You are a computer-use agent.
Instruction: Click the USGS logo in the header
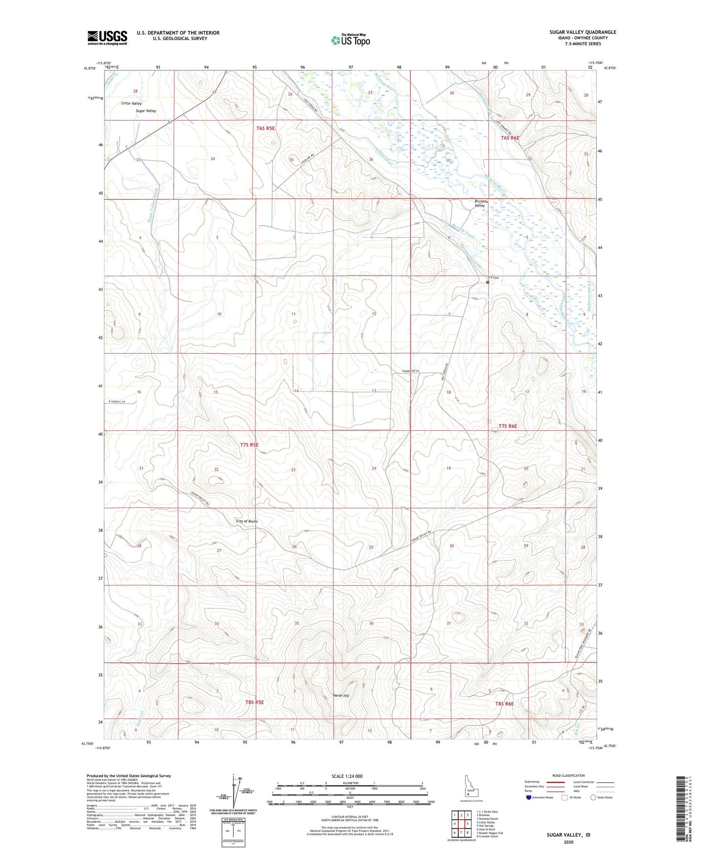tap(107, 38)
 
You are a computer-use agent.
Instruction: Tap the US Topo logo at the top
tap(350, 40)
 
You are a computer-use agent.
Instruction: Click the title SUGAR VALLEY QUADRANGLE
tap(583, 32)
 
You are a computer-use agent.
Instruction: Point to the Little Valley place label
tap(132, 103)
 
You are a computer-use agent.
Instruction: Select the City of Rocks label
tap(247, 521)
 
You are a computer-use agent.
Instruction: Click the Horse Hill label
tap(341, 695)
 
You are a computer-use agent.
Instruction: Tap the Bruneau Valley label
tap(480, 203)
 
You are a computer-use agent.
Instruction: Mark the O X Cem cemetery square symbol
tap(487, 282)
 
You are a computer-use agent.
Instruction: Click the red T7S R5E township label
tap(249, 445)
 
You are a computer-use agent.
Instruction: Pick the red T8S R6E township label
tap(504, 704)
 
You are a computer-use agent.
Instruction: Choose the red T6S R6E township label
tap(510, 138)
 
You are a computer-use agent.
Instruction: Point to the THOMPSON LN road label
tap(410, 372)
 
